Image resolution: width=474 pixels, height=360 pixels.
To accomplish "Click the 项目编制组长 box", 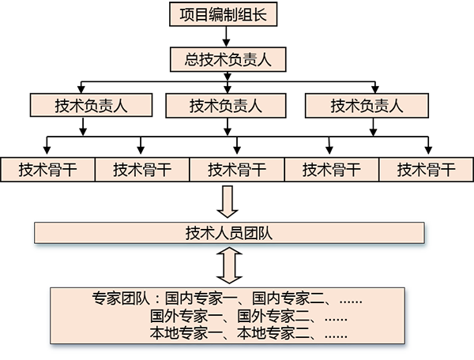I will tap(224, 15).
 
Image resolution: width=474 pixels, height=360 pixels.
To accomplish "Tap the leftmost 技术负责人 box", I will tap(92, 106).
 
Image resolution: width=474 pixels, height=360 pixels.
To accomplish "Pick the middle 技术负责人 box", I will tap(226, 106).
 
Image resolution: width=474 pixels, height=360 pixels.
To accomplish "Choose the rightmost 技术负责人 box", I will tap(367, 106).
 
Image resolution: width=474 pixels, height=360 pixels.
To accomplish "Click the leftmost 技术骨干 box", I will tap(47, 169).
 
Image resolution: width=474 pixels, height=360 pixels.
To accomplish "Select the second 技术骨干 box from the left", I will tap(142, 169).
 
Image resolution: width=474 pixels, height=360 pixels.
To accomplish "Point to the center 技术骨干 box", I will tap(237, 169).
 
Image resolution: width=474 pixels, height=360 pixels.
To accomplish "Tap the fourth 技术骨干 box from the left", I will tap(332, 169).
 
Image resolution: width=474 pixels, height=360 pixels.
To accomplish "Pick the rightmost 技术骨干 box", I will tap(427, 169).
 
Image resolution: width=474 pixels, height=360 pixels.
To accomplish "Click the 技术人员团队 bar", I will tap(229, 233).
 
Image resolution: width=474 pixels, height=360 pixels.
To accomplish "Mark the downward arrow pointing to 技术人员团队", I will tap(229, 201).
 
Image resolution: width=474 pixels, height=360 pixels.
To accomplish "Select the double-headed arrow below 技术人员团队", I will tap(229, 266).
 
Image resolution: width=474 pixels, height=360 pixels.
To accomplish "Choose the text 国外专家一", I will tap(181, 317).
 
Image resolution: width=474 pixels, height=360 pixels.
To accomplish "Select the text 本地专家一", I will tap(181, 334).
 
